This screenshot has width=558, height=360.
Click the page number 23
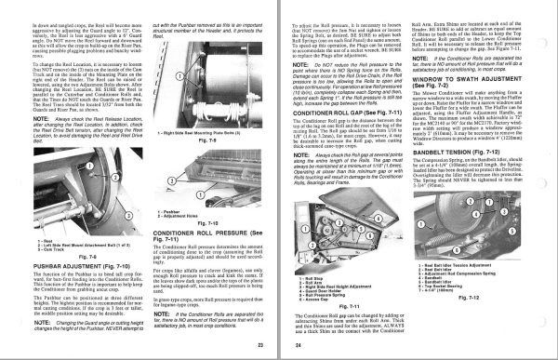[x=260, y=345]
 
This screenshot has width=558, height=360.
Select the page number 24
[x=297, y=345]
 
